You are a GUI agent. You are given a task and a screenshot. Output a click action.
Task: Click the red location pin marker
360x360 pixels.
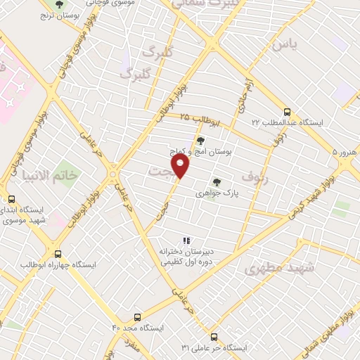pyautogui.click(x=181, y=167)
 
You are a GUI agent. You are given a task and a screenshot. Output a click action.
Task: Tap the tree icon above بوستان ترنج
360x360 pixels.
pyautogui.click(x=59, y=4)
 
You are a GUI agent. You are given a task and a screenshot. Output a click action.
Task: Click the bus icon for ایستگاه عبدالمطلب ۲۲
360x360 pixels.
pyautogui.click(x=286, y=112)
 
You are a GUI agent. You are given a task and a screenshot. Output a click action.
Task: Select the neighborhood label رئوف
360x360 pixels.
pyautogui.click(x=253, y=175)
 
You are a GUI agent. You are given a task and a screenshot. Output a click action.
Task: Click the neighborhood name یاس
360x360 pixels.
pyautogui.click(x=285, y=45)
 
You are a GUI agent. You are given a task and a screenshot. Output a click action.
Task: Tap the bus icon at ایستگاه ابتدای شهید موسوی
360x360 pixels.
pyautogui.click(x=11, y=199)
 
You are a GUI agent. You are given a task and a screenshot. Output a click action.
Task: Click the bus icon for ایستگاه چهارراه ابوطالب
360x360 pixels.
pyautogui.click(x=58, y=254)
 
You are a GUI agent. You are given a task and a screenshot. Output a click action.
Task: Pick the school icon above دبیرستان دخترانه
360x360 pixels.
pyautogui.click(x=186, y=240)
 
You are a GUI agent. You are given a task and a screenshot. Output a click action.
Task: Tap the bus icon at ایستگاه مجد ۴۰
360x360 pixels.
pyautogui.click(x=137, y=317)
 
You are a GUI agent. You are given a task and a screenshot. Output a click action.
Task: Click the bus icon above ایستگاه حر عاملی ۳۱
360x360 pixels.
pyautogui.click(x=214, y=337)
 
